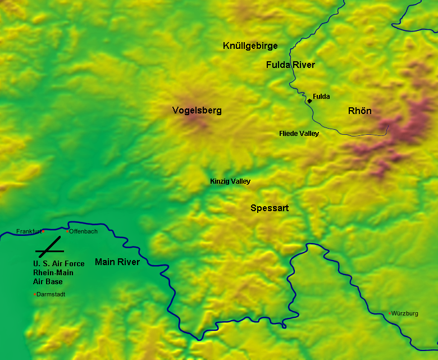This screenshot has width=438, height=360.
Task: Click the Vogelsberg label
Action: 197,111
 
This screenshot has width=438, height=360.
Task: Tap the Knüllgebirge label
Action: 250,46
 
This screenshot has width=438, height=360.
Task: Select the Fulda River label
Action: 290,65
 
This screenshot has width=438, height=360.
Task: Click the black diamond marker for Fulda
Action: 309,101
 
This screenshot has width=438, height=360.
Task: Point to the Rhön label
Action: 360,111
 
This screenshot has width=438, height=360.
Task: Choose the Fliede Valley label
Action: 299,134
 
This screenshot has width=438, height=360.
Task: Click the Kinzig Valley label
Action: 230,181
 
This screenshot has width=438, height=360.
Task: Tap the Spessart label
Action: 270,208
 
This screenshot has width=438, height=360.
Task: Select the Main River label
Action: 117,262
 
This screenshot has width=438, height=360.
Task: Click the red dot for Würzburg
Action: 390,313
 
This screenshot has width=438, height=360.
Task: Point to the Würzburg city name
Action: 405,313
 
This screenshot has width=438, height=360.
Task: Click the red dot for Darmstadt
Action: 35,294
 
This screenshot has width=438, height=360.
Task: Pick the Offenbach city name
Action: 84,231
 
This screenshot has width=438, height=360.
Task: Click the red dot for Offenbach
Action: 67,231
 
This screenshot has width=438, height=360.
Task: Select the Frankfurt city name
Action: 29,231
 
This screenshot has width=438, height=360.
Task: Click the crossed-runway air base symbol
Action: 51,247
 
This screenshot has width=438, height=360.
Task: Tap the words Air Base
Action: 48,281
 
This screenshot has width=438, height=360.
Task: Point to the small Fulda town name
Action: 321,97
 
